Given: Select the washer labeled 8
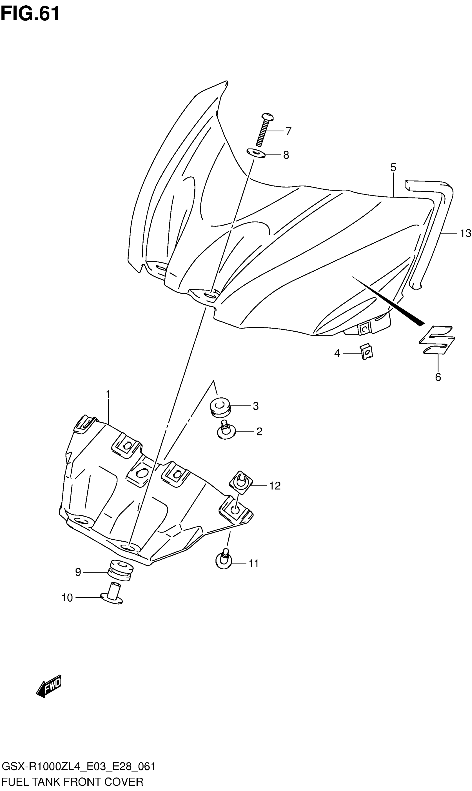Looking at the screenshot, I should (256, 153).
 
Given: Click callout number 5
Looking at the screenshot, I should (393, 167).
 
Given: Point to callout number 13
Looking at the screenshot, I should (465, 233).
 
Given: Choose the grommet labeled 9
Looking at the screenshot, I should (120, 571).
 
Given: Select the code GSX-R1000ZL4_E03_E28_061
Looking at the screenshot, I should (79, 766).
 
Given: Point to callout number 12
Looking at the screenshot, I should (275, 485).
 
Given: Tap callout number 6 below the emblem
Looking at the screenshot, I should (438, 377).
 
